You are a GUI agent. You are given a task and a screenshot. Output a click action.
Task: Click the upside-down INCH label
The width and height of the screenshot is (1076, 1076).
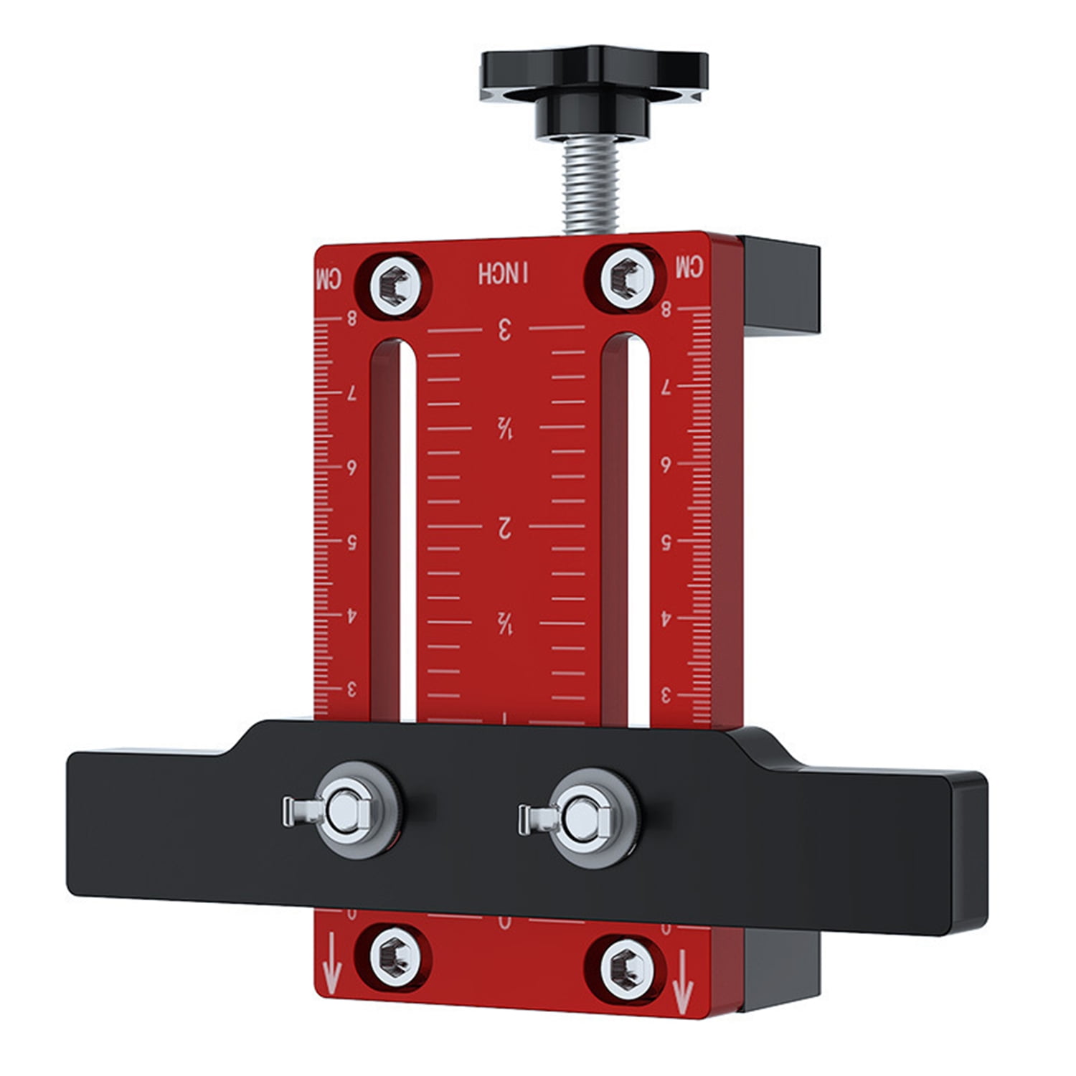(504, 273)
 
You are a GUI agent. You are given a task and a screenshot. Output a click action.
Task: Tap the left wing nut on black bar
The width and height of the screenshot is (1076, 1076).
(342, 811)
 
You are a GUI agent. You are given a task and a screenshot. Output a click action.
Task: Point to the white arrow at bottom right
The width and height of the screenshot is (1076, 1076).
(682, 976)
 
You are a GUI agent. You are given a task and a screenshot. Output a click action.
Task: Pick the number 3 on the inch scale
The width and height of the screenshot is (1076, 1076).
(504, 331)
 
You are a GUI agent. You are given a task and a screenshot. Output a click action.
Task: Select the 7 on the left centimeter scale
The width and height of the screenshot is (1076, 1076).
(351, 394)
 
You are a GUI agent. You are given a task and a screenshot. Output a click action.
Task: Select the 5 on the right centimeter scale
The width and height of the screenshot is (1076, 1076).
(666, 542)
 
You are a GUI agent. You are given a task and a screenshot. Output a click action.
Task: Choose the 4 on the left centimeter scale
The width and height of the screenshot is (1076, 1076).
(351, 616)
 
